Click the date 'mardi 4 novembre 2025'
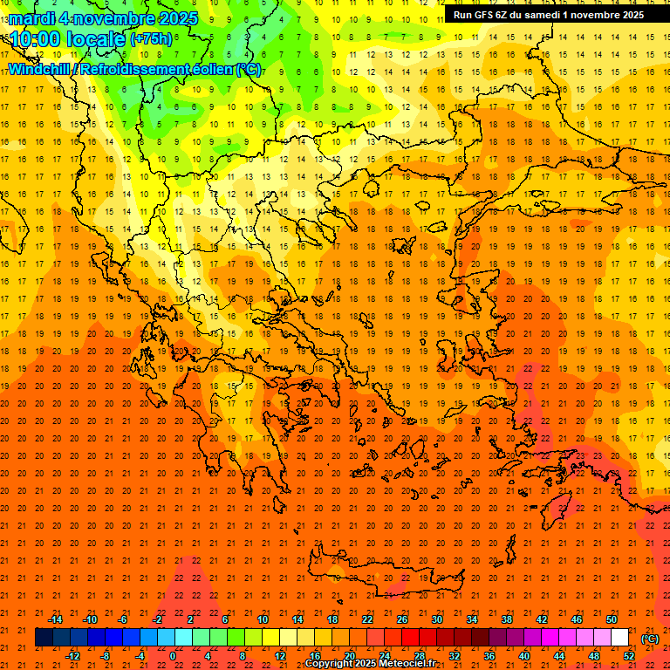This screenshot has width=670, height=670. (x=103, y=18)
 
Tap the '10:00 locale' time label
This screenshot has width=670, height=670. (x=66, y=39)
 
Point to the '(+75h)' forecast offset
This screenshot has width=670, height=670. (x=151, y=39)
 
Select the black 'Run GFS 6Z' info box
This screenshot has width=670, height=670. (x=549, y=14)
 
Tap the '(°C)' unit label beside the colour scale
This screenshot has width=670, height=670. (x=650, y=639)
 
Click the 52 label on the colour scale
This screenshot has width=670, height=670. (x=629, y=656)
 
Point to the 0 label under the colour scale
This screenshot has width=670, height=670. (x=173, y=656)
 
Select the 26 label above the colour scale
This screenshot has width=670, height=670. (x=402, y=619)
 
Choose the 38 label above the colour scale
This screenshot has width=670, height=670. (x=507, y=619)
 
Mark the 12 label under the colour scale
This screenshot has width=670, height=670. (x=280, y=656)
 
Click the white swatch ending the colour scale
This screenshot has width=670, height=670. (x=620, y=638)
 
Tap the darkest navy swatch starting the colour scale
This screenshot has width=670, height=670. (x=44, y=638)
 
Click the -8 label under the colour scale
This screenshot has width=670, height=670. (x=106, y=656)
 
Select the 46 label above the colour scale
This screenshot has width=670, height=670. (x=577, y=619)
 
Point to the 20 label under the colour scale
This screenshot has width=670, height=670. (x=350, y=656)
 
